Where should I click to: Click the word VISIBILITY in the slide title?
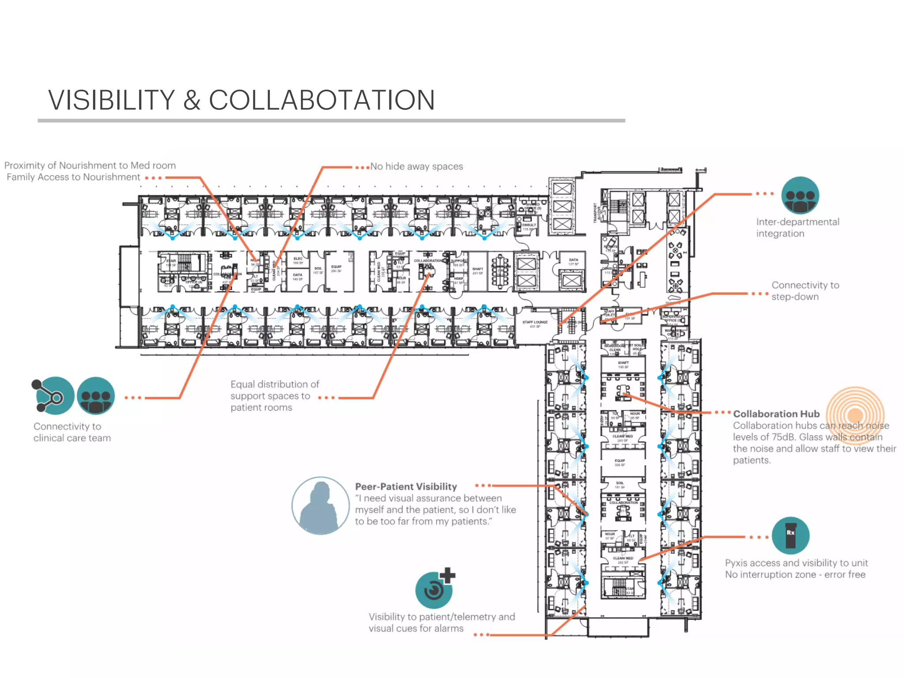click(x=112, y=100)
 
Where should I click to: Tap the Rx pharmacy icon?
click(x=790, y=535)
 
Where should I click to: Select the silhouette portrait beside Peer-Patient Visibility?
click(x=321, y=506)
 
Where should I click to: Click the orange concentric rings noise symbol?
click(x=855, y=415)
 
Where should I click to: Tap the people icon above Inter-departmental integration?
click(x=800, y=196)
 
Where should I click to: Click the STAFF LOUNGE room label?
click(x=535, y=324)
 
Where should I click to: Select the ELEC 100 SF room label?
click(x=298, y=260)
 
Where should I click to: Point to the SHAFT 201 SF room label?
click(x=478, y=271)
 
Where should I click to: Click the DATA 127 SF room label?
click(x=573, y=262)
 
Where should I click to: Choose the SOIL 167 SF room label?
click(x=318, y=270)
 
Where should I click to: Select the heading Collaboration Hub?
click(x=776, y=414)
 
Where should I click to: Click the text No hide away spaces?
click(x=416, y=166)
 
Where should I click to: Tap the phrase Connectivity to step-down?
click(x=805, y=291)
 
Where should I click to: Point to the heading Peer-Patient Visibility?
click(x=406, y=486)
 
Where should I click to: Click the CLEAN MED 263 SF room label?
click(x=622, y=438)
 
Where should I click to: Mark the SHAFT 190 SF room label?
click(x=623, y=365)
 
